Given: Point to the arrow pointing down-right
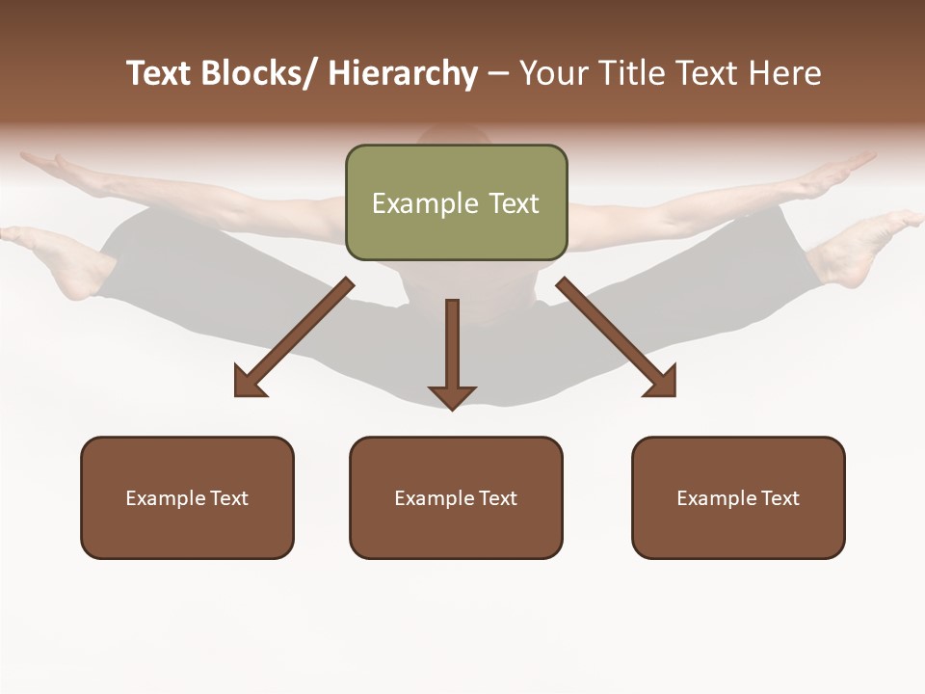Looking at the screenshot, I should tap(617, 337).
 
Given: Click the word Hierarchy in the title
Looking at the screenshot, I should tap(403, 74).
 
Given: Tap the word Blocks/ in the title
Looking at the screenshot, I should tap(259, 74).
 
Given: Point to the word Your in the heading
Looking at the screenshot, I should tap(553, 74).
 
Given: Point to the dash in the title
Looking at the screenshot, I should tap(498, 74).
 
